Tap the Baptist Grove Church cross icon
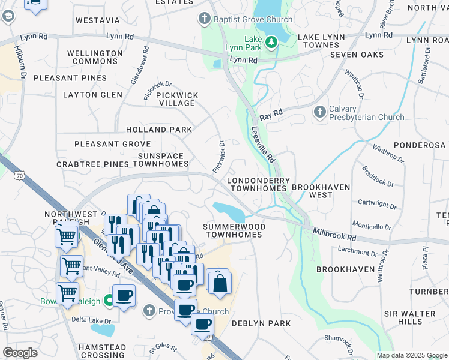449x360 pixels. pos(205,19)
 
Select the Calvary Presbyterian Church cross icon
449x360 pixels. pos(319,112)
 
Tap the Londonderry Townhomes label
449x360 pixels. pos(258,184)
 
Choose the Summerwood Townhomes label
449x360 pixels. pos(234,230)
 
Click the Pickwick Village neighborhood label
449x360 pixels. pos(176,99)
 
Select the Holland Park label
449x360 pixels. pos(159,130)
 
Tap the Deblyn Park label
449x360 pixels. pos(261,323)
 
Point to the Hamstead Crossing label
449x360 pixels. pos(103,351)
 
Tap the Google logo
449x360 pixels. pos(20,352)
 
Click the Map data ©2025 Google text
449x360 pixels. pos(412,355)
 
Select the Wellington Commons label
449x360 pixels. pos(95,57)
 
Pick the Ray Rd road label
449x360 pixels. pos(271,113)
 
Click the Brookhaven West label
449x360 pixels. pos(321,191)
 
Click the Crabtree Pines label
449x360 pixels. pos(92,164)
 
